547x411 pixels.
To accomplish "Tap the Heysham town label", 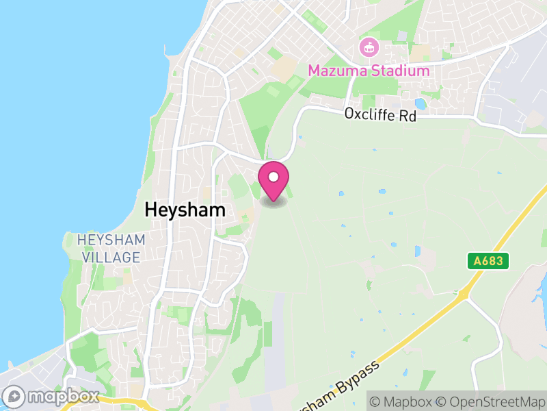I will coord(185,210).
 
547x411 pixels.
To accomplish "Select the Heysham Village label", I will coord(111,249).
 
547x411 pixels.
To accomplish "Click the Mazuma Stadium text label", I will coord(369,71).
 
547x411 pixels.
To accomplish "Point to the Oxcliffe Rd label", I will coord(380,115).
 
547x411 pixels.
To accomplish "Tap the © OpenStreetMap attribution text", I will coord(491,400).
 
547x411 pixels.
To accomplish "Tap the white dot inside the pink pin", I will coord(273,177).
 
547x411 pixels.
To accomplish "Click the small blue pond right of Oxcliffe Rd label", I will coord(420,104).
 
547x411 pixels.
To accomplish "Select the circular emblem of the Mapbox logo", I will coord(15,397).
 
